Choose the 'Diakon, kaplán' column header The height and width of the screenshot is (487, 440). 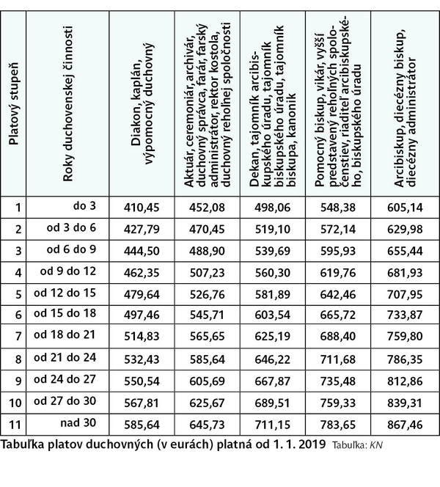(137, 110)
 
